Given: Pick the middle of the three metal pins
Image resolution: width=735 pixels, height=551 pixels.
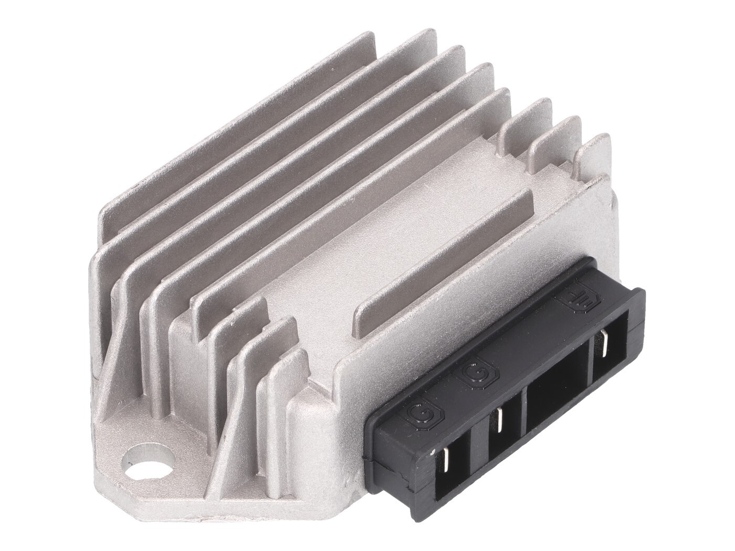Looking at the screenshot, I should [499, 417].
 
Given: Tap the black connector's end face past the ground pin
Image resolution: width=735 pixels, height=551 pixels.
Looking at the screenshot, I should [635, 336].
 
